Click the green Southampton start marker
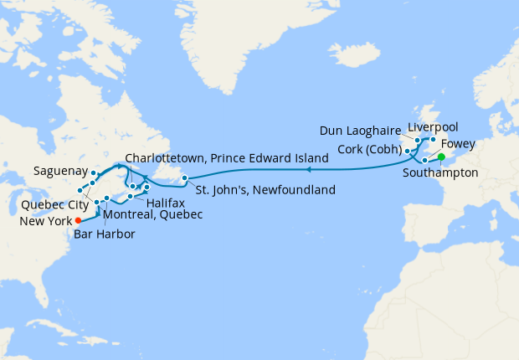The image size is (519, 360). (441, 156)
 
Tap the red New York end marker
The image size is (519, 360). (78, 221)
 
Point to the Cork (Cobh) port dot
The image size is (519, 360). (408, 151)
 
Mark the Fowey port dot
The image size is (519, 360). (425, 159)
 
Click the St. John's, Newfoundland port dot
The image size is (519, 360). (185, 177)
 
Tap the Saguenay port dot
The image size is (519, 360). (95, 175)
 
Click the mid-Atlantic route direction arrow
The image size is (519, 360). (308, 170)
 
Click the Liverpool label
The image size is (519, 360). (434, 127)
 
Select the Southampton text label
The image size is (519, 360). (440, 173)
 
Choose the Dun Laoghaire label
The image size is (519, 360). (360, 131)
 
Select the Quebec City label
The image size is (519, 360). (49, 203)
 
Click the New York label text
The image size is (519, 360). (44, 223)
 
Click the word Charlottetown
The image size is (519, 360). (164, 158)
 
